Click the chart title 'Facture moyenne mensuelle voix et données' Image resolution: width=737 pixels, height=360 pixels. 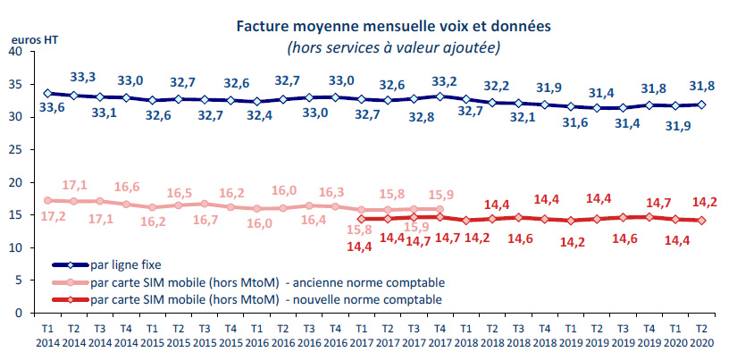click(x=392, y=26)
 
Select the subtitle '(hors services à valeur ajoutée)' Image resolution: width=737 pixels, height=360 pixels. click(x=393, y=46)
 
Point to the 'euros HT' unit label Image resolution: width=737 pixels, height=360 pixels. click(x=29, y=40)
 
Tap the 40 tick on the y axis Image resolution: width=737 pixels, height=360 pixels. click(x=15, y=52)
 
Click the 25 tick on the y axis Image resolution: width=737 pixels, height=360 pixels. click(x=15, y=150)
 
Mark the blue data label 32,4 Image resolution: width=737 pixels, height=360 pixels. click(x=256, y=116)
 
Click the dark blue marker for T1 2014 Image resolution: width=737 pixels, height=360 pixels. click(x=47, y=93)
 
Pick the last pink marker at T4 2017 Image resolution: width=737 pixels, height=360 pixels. click(x=439, y=209)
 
